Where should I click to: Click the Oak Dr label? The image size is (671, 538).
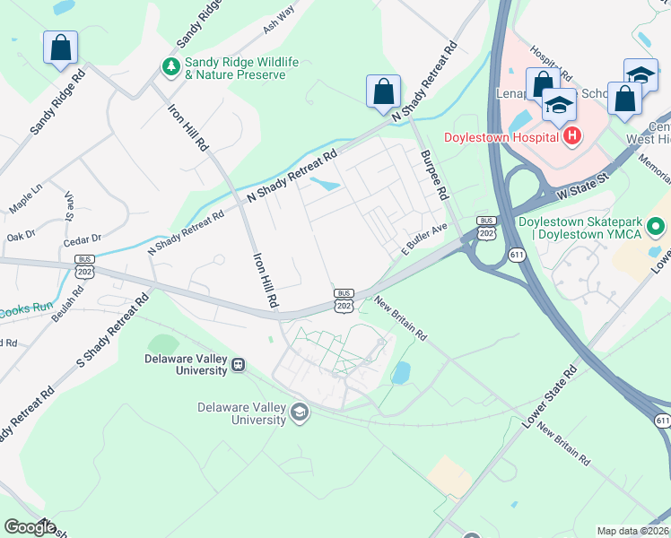pos(20,236)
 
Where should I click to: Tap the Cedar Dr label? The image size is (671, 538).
pos(83,239)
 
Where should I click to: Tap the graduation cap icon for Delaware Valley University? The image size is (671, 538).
pos(300,412)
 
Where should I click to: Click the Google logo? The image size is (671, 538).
pos(30,527)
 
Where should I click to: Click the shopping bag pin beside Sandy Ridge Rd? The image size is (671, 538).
pos(60,48)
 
